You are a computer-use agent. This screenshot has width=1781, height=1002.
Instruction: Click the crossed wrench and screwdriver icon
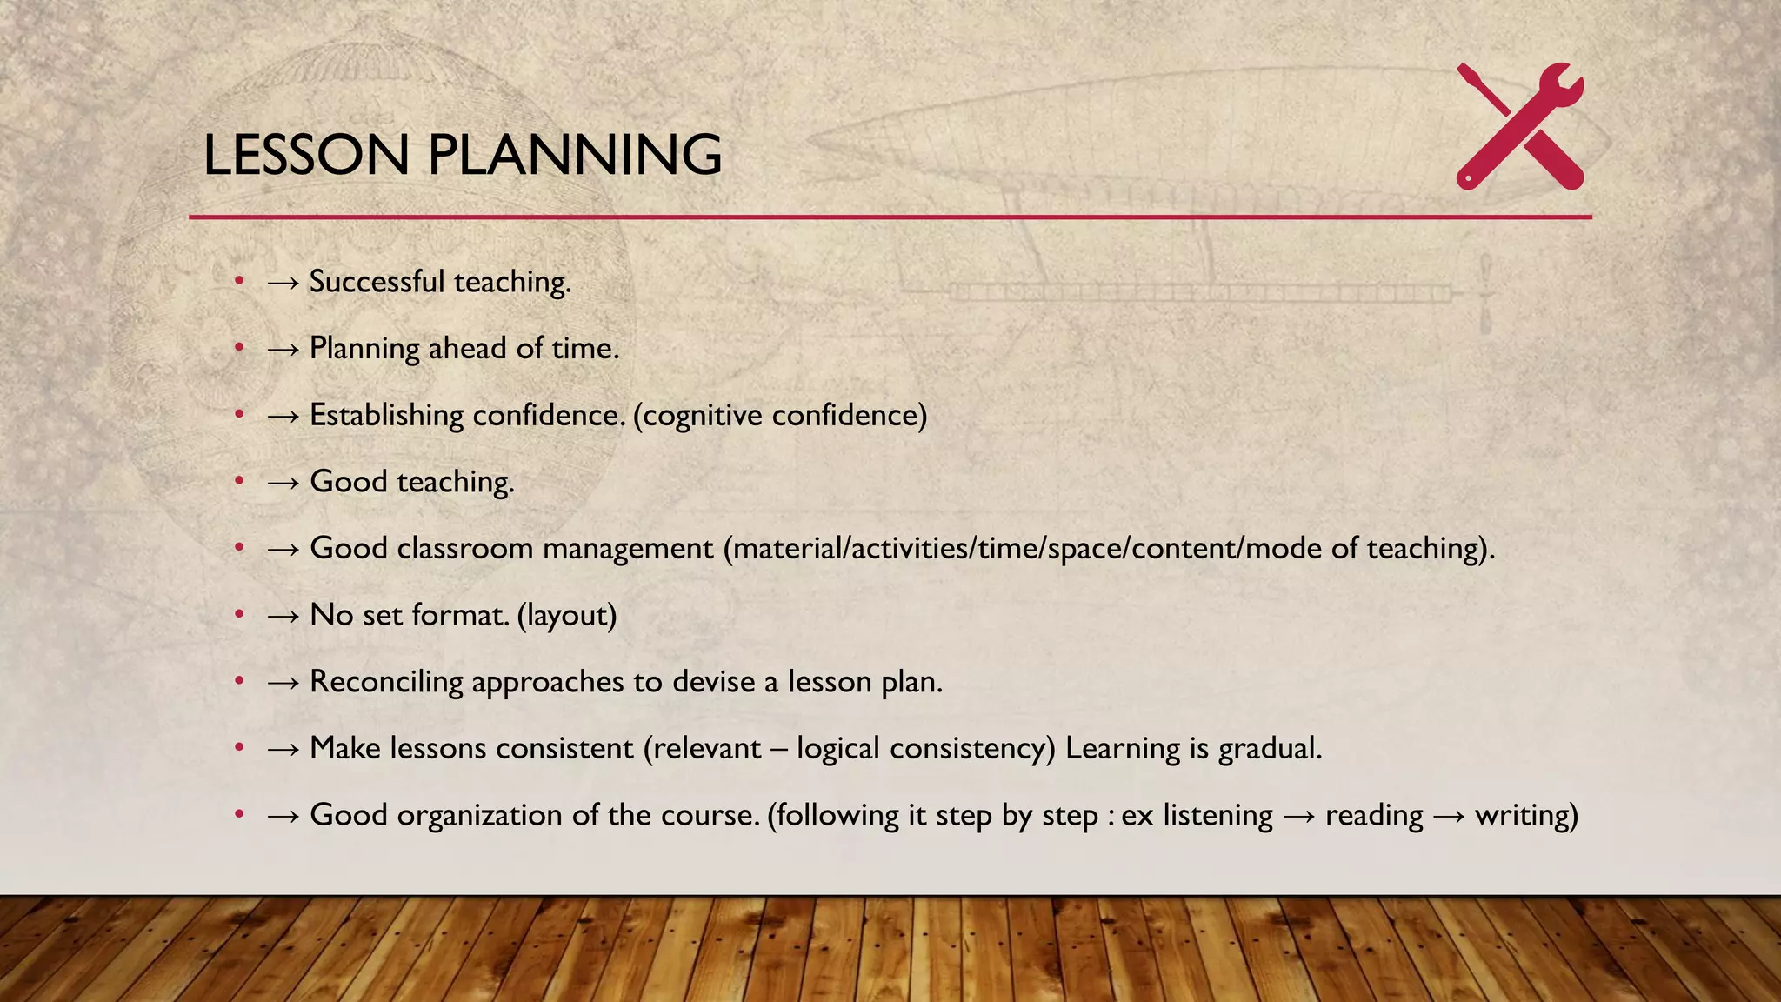click(x=1520, y=126)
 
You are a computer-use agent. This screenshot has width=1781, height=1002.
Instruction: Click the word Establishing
click(x=386, y=415)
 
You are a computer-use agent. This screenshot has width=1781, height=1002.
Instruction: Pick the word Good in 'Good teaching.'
click(x=348, y=482)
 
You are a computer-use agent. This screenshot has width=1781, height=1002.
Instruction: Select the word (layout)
click(x=567, y=616)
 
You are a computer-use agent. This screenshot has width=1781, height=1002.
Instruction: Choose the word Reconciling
click(x=386, y=682)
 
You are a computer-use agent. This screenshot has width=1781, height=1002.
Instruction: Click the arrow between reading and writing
click(x=1449, y=816)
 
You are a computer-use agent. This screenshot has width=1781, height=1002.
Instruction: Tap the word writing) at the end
click(x=1526, y=816)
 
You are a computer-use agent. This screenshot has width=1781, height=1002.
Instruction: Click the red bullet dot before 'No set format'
click(x=239, y=614)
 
